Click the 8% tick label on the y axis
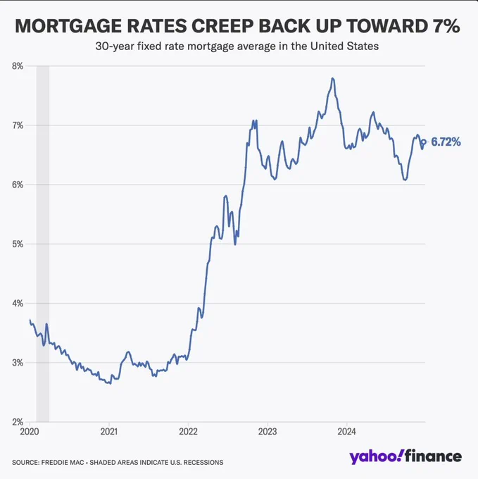(x=18, y=66)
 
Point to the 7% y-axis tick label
(x=18, y=125)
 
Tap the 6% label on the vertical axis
(x=18, y=185)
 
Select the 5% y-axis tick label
(x=18, y=244)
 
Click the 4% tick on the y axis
(x=18, y=304)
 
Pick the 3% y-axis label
(x=18, y=363)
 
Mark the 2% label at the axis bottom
(x=18, y=422)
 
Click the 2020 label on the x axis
(x=30, y=431)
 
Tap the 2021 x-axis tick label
(x=109, y=431)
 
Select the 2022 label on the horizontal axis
(x=189, y=431)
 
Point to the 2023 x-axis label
(x=268, y=431)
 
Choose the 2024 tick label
(x=347, y=431)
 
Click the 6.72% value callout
(x=446, y=142)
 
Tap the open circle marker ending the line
(x=424, y=142)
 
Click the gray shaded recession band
(x=43, y=244)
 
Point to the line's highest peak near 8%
(x=332, y=78)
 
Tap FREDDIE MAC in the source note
(x=63, y=463)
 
